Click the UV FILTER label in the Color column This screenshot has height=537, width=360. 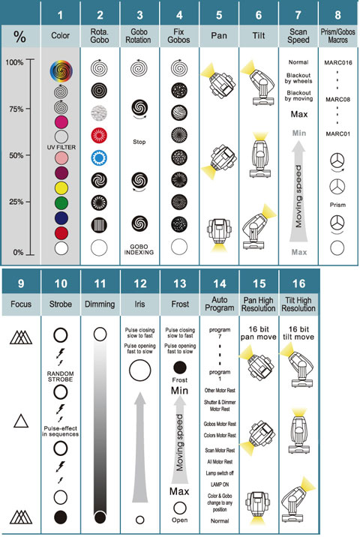point(61,147)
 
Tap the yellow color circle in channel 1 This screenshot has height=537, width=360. point(61,188)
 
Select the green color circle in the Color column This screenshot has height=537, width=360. point(61,203)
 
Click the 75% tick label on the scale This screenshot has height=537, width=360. point(16,109)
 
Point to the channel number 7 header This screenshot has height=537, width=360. point(298,15)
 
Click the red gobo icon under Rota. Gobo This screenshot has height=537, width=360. point(99,135)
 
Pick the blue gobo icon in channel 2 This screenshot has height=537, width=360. point(99,157)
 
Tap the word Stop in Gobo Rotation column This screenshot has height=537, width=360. point(139,142)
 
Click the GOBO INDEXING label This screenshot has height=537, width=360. point(139,249)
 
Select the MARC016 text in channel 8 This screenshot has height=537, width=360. point(338,63)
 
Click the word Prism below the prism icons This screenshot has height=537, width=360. point(337,205)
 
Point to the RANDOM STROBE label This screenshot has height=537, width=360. point(60,376)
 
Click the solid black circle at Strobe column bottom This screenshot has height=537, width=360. point(61,517)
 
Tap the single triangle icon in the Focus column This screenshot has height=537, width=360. point(21,421)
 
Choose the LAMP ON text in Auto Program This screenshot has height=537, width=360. point(220,484)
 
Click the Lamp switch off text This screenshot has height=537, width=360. point(220,473)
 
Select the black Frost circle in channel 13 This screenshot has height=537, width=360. point(180,367)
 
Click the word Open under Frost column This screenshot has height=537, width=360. point(180,520)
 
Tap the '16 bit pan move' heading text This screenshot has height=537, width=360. point(258,333)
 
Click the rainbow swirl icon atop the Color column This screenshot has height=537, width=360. point(61,71)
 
